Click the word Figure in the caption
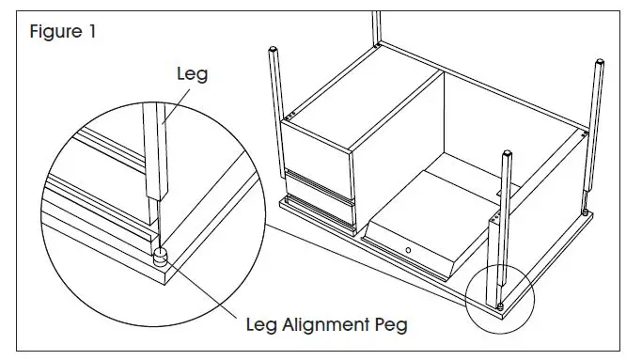tap(55, 31)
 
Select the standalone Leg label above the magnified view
tap(191, 72)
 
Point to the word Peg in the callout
tap(390, 326)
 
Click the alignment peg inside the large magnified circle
tap(161, 255)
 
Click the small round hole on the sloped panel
tap(410, 249)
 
